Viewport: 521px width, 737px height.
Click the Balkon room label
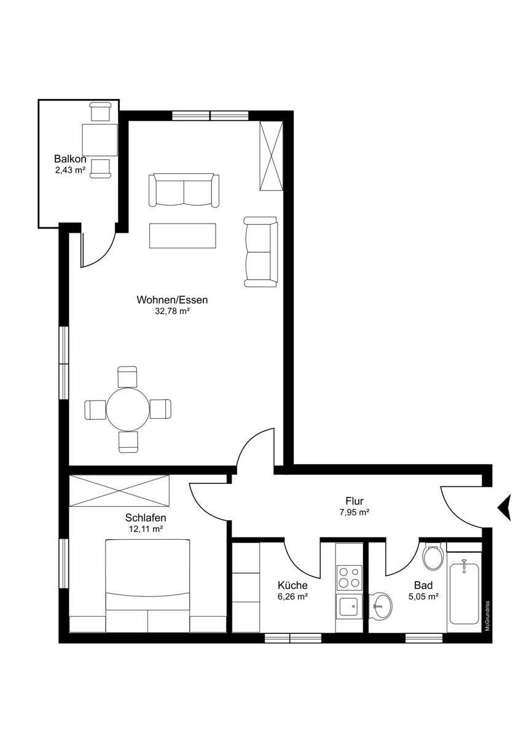[70, 159]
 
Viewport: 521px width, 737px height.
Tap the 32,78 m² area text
[173, 311]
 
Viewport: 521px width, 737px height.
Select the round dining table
[128, 409]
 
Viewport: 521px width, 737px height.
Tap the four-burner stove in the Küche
[349, 578]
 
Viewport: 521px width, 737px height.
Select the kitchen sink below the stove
[349, 608]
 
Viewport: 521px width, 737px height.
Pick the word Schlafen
[146, 518]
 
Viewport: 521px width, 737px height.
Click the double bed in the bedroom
[148, 585]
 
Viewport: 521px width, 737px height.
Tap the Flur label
[355, 501]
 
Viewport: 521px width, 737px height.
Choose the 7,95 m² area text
[354, 512]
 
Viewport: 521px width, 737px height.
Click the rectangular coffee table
[182, 236]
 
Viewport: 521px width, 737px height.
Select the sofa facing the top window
[184, 190]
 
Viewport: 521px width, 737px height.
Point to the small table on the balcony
[100, 140]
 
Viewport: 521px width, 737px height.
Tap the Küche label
[292, 585]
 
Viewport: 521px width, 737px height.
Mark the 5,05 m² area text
[423, 596]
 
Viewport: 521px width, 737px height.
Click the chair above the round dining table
[127, 376]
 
